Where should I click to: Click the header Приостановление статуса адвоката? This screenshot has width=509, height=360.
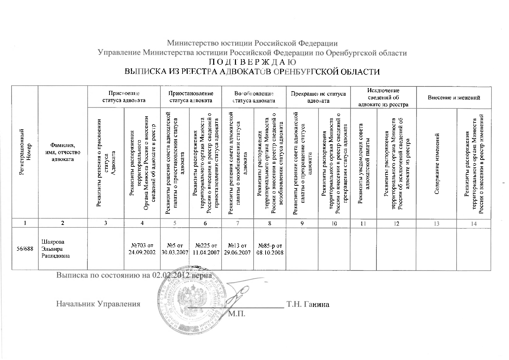click(x=191, y=97)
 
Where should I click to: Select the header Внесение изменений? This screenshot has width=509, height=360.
click(x=454, y=98)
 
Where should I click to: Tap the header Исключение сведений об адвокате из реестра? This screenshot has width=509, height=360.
click(x=384, y=97)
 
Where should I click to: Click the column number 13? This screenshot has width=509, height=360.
click(x=437, y=224)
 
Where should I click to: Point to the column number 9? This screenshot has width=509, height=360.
click(x=302, y=224)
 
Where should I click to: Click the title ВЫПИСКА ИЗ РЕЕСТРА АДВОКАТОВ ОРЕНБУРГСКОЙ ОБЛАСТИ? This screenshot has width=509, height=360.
click(x=252, y=72)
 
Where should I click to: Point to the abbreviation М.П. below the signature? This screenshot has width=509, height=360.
click(x=237, y=313)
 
